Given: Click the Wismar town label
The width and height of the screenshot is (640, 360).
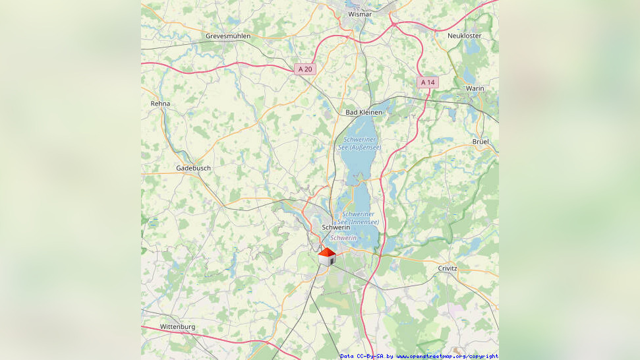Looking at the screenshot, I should (x=360, y=14).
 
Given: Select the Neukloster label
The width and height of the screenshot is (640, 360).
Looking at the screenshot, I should (x=464, y=36).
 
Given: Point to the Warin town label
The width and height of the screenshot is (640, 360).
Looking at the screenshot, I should (x=475, y=88).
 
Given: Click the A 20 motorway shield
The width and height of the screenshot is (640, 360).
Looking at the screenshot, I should (x=306, y=69).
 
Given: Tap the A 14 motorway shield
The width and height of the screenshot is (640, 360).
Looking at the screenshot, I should (x=427, y=82).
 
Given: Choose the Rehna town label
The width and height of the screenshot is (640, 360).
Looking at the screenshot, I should (x=160, y=104).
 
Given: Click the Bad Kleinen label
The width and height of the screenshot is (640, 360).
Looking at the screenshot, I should (x=364, y=112).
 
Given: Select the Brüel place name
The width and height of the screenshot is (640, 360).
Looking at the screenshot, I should (x=481, y=142).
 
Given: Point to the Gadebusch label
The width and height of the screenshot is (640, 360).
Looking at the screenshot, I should (x=193, y=168).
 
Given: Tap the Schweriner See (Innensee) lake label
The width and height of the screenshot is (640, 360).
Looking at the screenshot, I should (x=360, y=218).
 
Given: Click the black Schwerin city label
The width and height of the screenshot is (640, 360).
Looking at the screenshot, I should (x=335, y=227).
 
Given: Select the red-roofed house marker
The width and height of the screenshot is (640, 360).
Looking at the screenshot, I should (x=327, y=256).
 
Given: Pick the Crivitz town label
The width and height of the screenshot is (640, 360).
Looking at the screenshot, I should (x=448, y=268).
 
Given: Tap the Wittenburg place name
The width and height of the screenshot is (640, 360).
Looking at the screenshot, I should (x=178, y=326).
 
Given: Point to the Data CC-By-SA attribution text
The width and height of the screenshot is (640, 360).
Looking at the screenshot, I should (x=361, y=356).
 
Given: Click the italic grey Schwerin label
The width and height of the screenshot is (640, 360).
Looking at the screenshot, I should (x=343, y=237).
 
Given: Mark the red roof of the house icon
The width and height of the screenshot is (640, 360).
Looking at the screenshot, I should (x=327, y=252).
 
